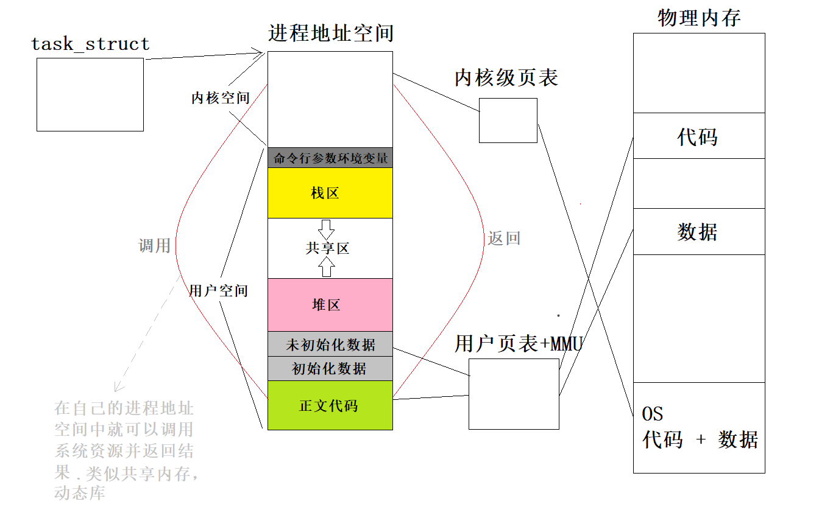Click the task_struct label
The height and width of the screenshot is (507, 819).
point(90,44)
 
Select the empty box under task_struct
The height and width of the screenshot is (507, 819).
point(90,94)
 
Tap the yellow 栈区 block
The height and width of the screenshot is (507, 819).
point(330,193)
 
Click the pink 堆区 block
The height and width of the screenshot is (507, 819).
point(330,305)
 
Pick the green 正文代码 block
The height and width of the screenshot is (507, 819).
point(330,405)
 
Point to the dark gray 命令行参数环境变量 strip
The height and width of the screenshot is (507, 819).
point(330,158)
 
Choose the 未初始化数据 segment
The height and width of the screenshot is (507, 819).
point(330,344)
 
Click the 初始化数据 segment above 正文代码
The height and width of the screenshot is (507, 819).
point(330,368)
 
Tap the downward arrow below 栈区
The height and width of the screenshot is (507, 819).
point(327,229)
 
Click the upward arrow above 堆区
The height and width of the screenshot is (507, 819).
point(327,266)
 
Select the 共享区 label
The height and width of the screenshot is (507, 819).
point(327,248)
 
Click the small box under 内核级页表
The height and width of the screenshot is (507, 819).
point(508,121)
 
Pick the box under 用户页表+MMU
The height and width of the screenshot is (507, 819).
point(514,394)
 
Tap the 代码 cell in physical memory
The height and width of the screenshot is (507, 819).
point(698,136)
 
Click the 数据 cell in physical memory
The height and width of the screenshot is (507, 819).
point(698,232)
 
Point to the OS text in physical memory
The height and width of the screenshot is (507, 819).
point(653,414)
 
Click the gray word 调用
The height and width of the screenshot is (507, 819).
point(154,246)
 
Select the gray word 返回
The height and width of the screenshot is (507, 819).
point(504,238)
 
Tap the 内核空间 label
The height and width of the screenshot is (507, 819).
point(220,98)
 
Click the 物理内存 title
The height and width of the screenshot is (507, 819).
point(698,18)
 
